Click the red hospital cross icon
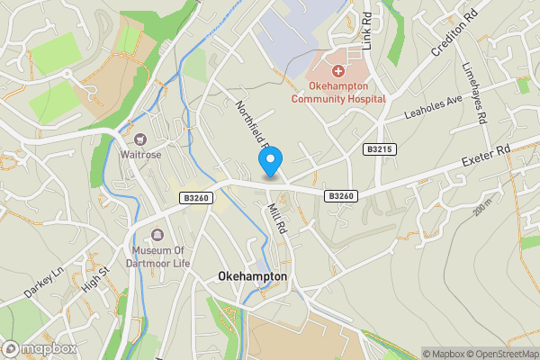click(337, 69)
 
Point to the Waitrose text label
click(139, 154)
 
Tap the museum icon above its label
click(157, 234)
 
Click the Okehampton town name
click(253, 277)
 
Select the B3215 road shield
click(381, 149)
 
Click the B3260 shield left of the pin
click(193, 197)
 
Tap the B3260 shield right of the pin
click(340, 195)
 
